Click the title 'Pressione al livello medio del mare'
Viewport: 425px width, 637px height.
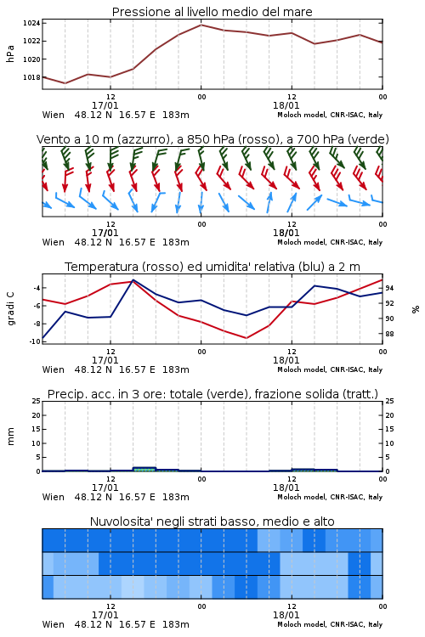(x=212, y=12)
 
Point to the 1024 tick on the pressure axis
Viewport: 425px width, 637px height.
(x=31, y=23)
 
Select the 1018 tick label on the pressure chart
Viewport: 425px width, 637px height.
(x=31, y=77)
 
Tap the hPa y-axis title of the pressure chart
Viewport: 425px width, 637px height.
(x=10, y=54)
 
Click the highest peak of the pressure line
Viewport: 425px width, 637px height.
(x=201, y=25)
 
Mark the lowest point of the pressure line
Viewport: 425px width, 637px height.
(x=65, y=83)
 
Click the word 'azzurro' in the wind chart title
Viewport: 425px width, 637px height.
(x=142, y=140)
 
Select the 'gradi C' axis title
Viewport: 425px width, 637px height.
(x=10, y=308)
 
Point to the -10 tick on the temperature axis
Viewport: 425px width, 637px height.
(x=35, y=341)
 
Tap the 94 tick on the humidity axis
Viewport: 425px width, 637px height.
(x=389, y=288)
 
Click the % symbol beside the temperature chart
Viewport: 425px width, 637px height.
(x=416, y=309)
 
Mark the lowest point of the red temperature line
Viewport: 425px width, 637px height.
(x=246, y=338)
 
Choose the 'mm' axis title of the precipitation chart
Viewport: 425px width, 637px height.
(x=10, y=437)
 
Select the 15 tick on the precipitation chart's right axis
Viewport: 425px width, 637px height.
(x=389, y=429)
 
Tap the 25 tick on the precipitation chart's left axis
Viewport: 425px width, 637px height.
(x=37, y=401)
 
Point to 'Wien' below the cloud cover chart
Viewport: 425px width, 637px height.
(x=54, y=624)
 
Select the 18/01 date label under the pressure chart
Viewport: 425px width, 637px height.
(x=286, y=105)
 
